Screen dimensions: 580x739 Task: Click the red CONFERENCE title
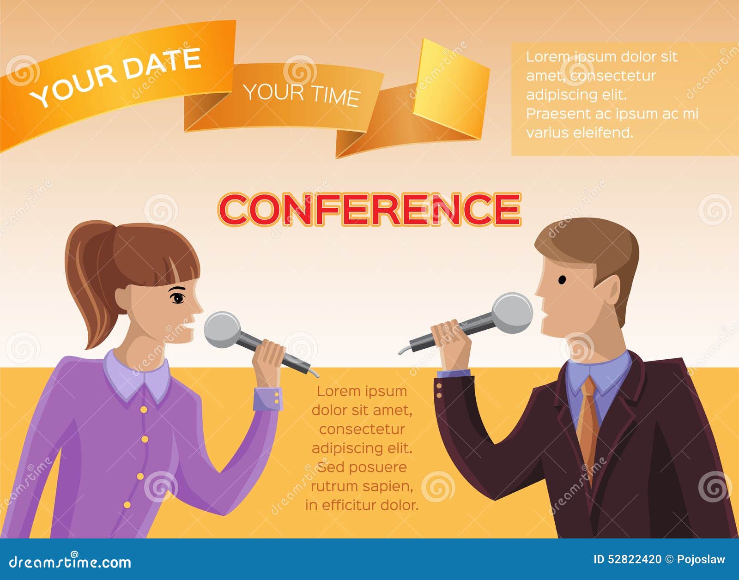point(369,209)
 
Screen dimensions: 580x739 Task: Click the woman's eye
point(177,298)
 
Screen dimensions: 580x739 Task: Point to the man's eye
point(562,280)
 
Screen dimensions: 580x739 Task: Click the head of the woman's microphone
point(222,329)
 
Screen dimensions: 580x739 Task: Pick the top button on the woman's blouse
point(144,409)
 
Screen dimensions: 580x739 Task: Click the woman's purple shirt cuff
point(268,399)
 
